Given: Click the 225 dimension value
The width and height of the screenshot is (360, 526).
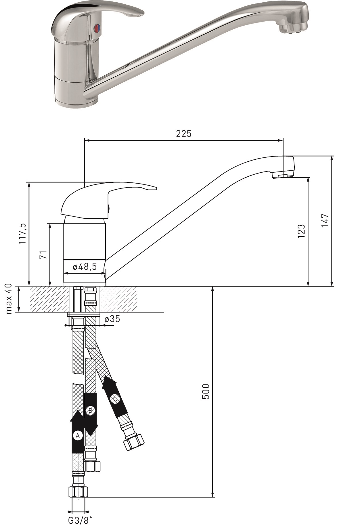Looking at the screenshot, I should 183,134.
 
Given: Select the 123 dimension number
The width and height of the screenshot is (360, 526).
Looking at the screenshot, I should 301,231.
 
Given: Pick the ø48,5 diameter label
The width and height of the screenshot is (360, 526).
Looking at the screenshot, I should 85,267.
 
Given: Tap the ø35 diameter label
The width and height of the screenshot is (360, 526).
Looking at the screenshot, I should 112,319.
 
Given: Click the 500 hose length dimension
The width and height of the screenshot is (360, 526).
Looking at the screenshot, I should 206,391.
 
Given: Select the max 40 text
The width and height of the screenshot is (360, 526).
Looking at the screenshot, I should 9,299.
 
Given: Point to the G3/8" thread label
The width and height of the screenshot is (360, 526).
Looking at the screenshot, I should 81,520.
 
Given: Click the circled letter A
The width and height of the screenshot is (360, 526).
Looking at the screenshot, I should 77,436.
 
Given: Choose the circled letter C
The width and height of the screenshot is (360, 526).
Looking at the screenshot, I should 115,399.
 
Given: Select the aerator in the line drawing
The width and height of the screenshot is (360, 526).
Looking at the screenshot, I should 283,174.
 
